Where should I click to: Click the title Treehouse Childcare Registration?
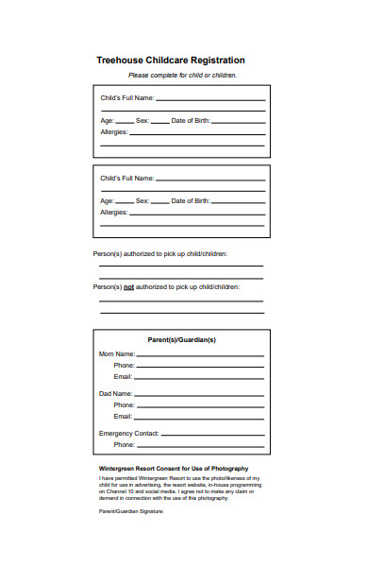pyautogui.click(x=171, y=60)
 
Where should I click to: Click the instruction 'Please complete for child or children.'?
pyautogui.click(x=182, y=76)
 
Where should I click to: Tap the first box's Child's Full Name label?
pyautogui.click(x=126, y=98)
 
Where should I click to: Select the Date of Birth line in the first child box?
pyautogui.click(x=239, y=122)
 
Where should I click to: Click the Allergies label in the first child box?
pyautogui.click(x=113, y=133)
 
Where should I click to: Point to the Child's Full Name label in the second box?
pyautogui.click(x=126, y=178)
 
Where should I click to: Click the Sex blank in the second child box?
pyautogui.click(x=159, y=202)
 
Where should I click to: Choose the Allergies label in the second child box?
pyautogui.click(x=113, y=213)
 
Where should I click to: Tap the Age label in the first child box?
pyautogui.click(x=108, y=121)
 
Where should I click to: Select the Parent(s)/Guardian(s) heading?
pyautogui.click(x=182, y=339)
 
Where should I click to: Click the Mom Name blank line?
pyautogui.click(x=200, y=354)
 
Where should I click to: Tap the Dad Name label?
pyautogui.click(x=116, y=393)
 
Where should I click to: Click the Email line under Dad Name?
pyautogui.click(x=200, y=417)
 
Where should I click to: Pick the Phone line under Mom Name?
pyautogui.click(x=200, y=366)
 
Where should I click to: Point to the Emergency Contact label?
pyautogui.click(x=128, y=433)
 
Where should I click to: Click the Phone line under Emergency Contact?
pyautogui.click(x=200, y=445)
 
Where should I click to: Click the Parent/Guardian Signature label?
pyautogui.click(x=131, y=511)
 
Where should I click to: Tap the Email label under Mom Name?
pyautogui.click(x=123, y=376)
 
